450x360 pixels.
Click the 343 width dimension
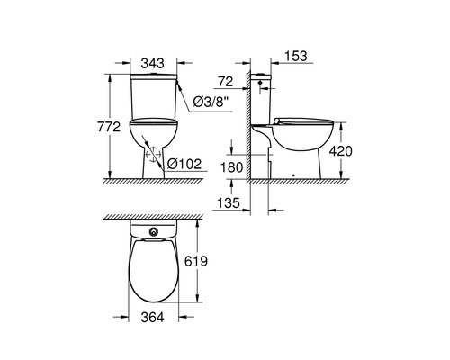point(153,64)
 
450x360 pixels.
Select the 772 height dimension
point(109,127)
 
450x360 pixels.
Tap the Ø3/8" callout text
point(211,103)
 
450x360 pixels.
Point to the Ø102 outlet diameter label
point(184,164)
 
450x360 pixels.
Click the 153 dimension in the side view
point(295,56)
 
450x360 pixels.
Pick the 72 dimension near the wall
point(226,82)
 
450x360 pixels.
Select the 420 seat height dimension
point(340,151)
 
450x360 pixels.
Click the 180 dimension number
point(231,167)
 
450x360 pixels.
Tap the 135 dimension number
point(229,203)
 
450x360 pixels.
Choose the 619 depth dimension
point(196,261)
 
